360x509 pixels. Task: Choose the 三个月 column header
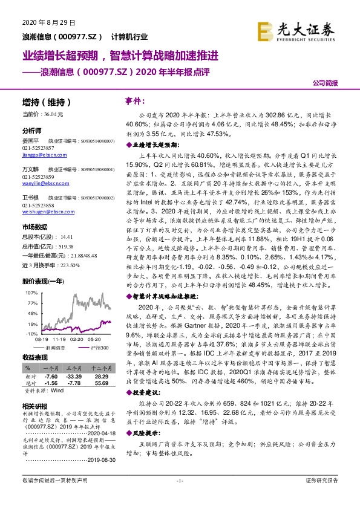click(73, 367)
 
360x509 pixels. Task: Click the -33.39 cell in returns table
click(73, 375)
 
